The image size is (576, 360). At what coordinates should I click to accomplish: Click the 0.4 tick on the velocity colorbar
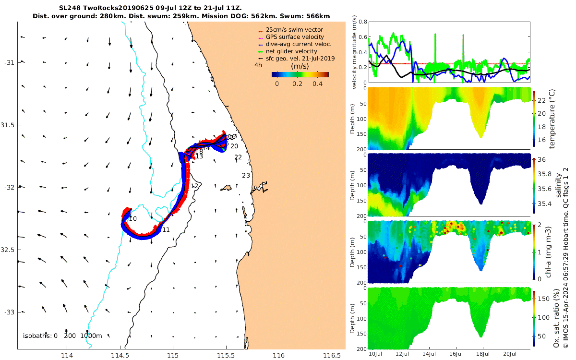click(x=317, y=84)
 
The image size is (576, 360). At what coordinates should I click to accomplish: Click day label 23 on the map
click(x=246, y=176)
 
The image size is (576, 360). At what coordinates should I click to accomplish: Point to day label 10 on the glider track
click(x=133, y=219)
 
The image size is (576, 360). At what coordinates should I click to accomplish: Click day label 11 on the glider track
click(x=166, y=230)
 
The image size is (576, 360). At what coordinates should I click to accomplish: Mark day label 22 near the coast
click(x=238, y=157)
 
